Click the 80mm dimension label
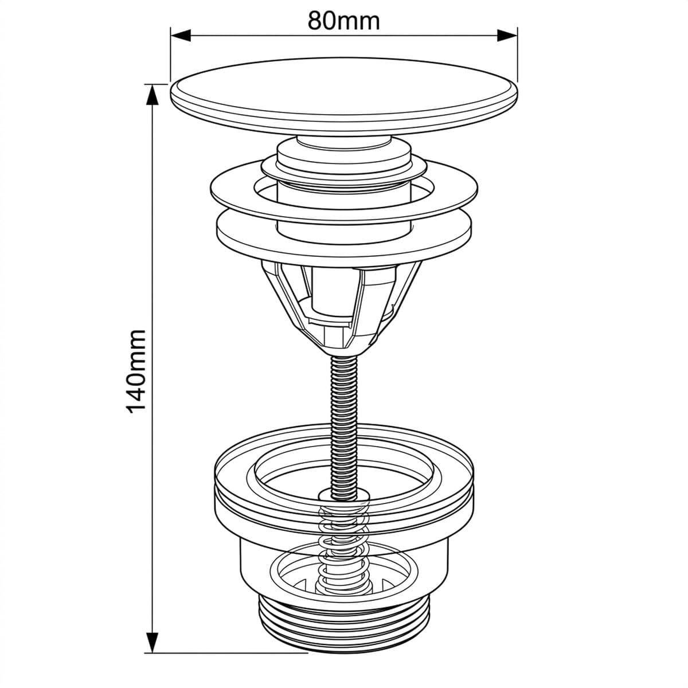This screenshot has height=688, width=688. pyautogui.click(x=343, y=21)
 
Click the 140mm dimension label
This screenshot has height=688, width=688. pyautogui.click(x=136, y=372)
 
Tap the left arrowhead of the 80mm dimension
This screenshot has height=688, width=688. pyautogui.click(x=181, y=36)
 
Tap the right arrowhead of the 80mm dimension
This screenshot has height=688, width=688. pyautogui.click(x=507, y=36)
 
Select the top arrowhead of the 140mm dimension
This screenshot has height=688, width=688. pyautogui.click(x=153, y=95)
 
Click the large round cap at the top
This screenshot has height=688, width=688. pyautogui.click(x=344, y=96)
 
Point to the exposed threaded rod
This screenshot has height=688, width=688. pyautogui.click(x=343, y=425)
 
